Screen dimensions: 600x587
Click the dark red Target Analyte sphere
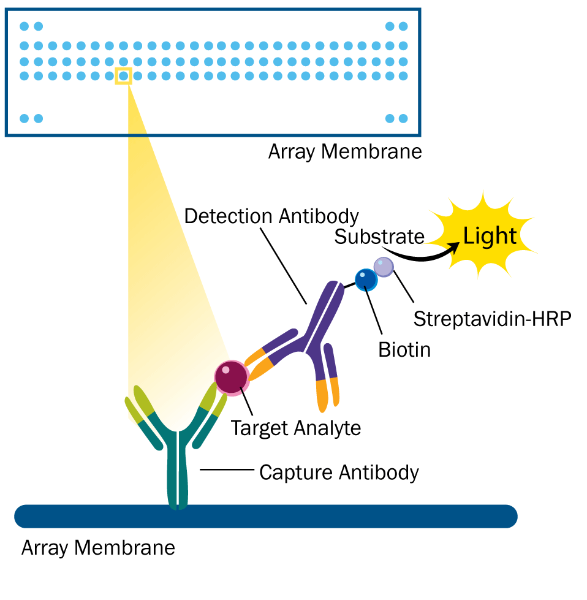[231, 376]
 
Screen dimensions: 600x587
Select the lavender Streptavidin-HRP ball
[384, 267]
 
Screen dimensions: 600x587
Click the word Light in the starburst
[490, 237]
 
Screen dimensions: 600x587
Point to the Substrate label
[379, 237]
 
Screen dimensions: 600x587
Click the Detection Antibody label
[271, 216]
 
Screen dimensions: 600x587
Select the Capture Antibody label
[339, 473]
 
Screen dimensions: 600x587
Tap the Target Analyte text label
[295, 427]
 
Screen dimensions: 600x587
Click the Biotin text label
[404, 349]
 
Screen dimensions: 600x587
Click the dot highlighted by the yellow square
[123, 76]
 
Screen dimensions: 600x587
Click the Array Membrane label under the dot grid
[345, 151]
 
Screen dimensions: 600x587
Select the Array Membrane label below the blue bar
[98, 547]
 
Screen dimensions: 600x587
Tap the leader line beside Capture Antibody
[227, 470]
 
